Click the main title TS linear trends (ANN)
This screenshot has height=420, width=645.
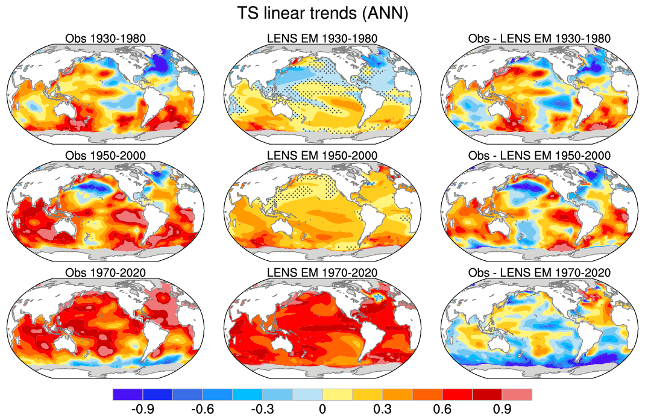322,13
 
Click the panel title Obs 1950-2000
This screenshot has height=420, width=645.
105,156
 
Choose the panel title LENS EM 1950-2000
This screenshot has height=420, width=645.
322,156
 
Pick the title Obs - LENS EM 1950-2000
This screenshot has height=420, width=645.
540,156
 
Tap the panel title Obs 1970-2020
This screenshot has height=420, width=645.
105,273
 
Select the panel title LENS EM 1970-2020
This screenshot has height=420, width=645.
322,273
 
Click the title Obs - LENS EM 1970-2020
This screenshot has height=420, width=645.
540,273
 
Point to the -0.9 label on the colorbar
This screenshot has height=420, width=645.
142,410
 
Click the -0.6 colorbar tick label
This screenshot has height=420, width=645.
203,410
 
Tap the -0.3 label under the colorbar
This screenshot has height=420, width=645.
262,410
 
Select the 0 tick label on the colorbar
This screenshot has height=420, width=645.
322,410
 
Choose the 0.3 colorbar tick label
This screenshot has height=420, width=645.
382,410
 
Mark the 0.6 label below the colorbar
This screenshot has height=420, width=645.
442,410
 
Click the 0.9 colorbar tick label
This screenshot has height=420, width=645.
502,410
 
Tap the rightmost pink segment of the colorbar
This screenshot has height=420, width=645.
517,395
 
